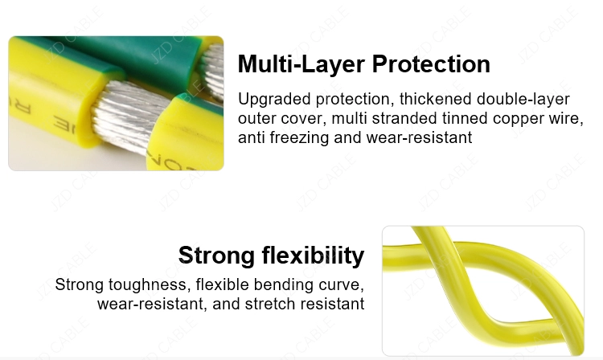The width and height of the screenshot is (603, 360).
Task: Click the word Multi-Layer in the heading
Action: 301,64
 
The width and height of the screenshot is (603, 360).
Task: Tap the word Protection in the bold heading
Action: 431,63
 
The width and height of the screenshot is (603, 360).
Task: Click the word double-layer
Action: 523,100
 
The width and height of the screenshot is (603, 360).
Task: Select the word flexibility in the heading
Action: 313,256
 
